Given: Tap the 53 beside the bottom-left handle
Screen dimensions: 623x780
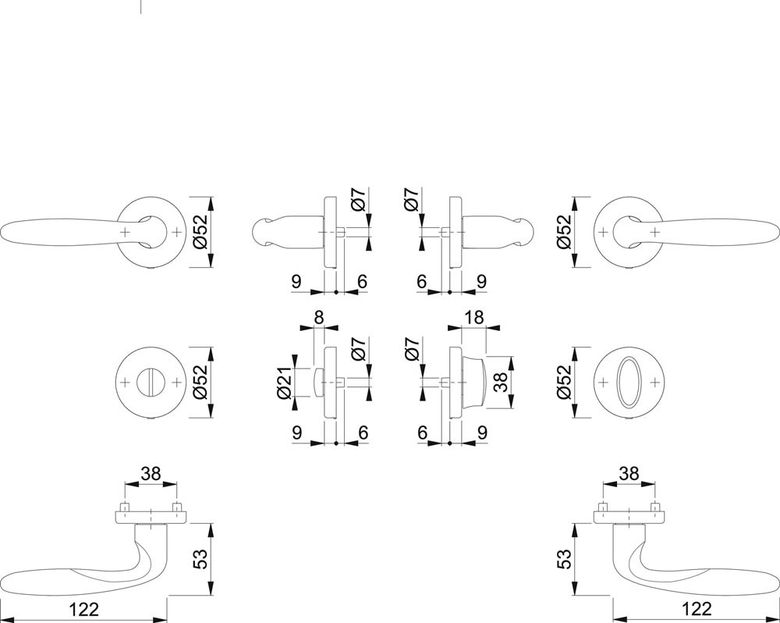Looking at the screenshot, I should pos(200,559).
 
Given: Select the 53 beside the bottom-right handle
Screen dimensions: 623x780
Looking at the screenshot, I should pos(563,559).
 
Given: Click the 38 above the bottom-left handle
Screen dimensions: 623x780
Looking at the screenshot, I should pos(151,473).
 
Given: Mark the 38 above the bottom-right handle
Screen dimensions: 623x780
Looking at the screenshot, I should pos(629,473).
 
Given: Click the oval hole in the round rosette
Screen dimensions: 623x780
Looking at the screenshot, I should pos(630,383).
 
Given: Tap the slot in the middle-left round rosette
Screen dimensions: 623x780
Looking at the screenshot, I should pos(149,383).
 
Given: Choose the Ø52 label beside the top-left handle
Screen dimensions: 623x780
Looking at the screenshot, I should pos(200,232).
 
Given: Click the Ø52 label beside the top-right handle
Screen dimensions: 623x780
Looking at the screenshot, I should pos(563,232).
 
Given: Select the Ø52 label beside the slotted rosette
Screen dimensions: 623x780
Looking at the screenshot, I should pos(200,382).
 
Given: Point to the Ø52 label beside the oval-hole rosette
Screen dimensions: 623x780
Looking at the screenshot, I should pos(563,382).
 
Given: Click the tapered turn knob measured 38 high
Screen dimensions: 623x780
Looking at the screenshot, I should pos(476,382).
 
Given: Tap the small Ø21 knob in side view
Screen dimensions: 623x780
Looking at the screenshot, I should pos(317,382).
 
